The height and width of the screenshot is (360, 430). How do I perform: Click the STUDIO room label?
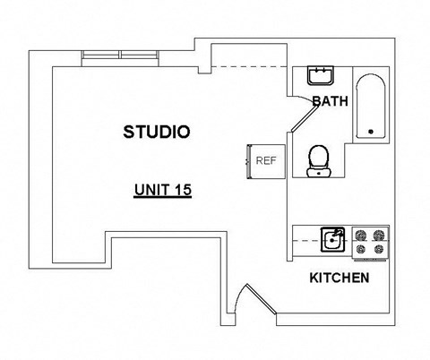pos(156,133)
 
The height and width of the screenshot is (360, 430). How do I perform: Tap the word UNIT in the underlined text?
pos(149,190)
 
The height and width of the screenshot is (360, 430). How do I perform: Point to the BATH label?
pos(329,102)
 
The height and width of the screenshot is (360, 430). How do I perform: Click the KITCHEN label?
pos(339,278)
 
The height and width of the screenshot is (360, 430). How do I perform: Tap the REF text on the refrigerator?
pos(265,161)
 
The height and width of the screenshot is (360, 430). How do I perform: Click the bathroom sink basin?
pos(320,74)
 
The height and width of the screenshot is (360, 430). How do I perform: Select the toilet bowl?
pos(317,160)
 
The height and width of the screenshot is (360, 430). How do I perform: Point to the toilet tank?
pos(317,173)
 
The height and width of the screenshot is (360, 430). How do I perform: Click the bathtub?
pos(369,107)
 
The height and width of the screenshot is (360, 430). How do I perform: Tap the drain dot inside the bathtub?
pos(370,133)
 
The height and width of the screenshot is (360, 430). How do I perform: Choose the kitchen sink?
pos(334,239)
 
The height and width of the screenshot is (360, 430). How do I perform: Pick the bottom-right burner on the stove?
pos(380,248)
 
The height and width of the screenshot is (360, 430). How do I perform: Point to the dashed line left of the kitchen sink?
pos(306,240)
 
